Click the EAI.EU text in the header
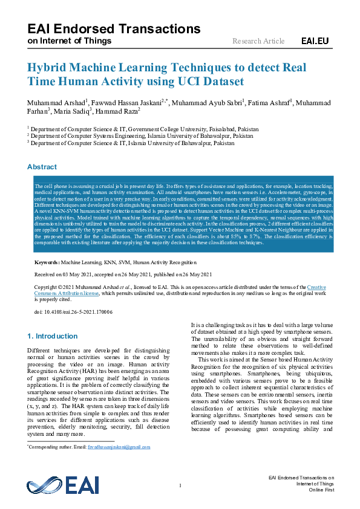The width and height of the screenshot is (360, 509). (315, 41)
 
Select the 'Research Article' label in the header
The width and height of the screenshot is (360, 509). (258, 41)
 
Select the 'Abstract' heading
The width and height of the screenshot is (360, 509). (42, 167)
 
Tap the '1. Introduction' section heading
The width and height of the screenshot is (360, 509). (53, 336)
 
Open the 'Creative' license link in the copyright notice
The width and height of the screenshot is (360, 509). (316, 287)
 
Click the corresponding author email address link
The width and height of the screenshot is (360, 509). (126, 447)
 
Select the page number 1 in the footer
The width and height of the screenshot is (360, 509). (180, 487)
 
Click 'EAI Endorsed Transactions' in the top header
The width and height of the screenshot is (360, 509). (114, 28)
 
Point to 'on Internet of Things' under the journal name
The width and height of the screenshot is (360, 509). (70, 41)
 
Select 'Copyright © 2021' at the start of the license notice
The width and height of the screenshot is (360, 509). (54, 287)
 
